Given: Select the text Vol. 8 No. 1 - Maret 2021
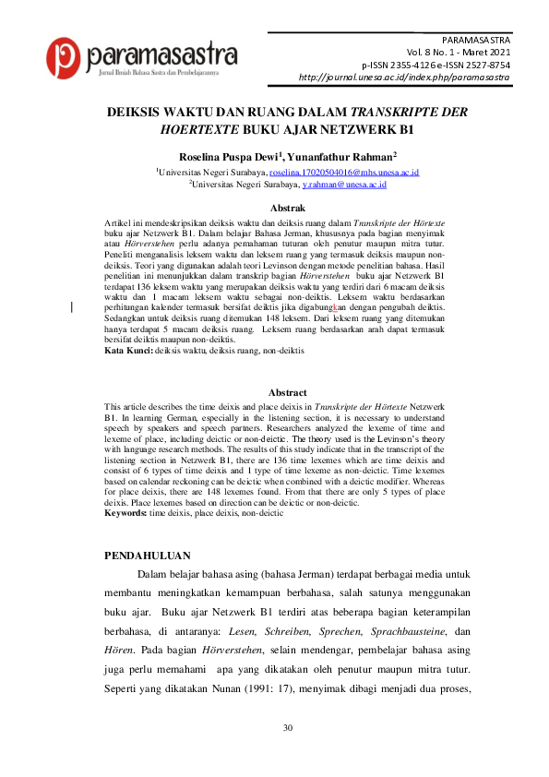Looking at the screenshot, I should [458, 54].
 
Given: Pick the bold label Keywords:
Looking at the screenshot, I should [125, 511].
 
